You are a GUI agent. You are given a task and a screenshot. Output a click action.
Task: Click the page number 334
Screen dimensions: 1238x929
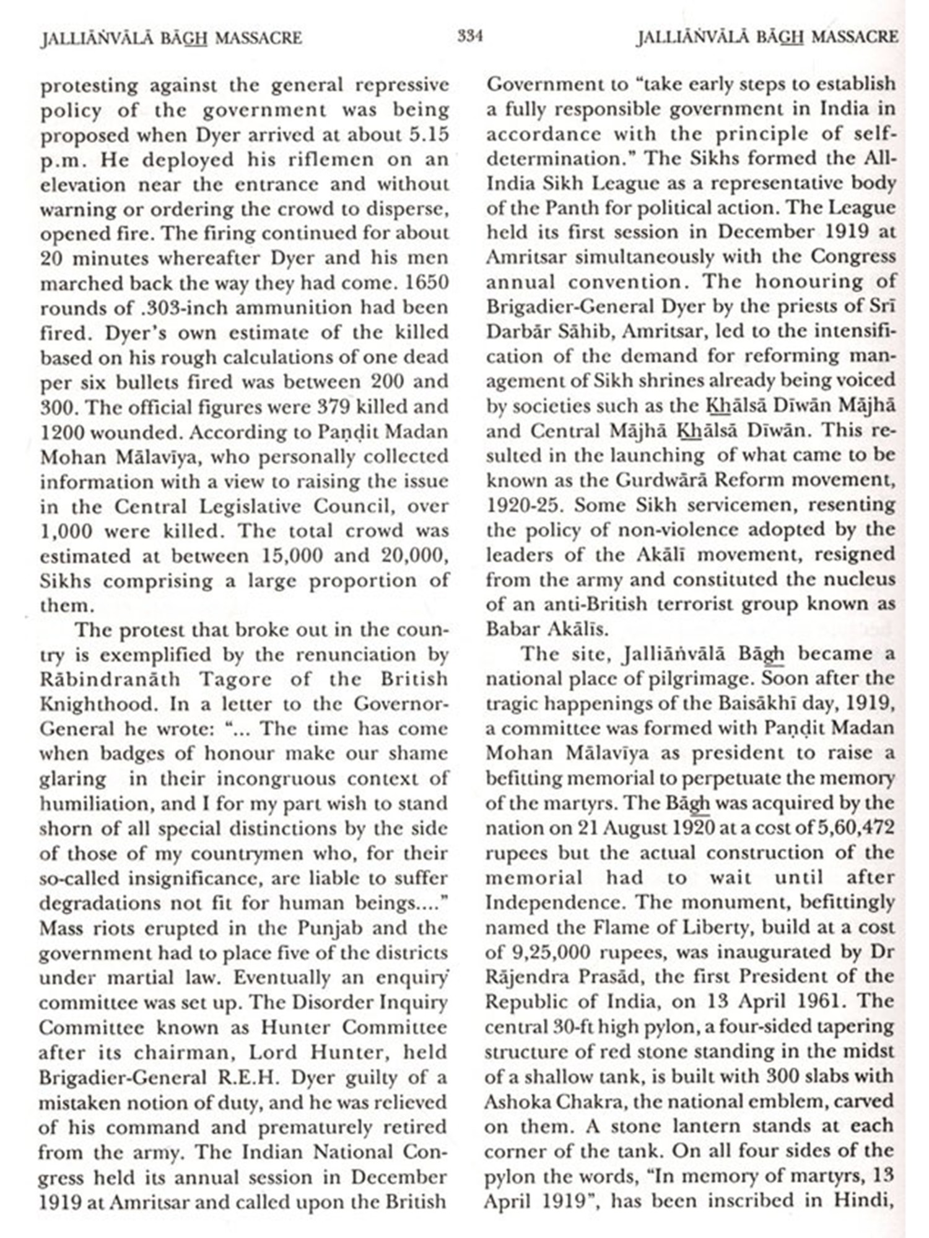tap(470, 36)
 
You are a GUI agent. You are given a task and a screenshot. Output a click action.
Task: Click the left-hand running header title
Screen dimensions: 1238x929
tap(171, 38)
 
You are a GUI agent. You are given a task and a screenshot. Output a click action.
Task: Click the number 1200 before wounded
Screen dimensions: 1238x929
tap(62, 432)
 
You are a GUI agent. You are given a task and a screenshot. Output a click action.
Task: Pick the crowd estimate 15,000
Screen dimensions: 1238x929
tap(292, 555)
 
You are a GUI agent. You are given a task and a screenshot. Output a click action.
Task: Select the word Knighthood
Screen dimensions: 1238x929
tap(95, 704)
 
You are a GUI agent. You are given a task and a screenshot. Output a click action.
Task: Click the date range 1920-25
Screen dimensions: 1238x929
tap(524, 505)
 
